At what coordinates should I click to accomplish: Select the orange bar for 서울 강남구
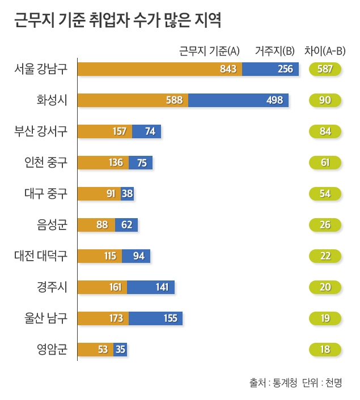click(x=159, y=69)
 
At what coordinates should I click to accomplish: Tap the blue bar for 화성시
click(x=238, y=100)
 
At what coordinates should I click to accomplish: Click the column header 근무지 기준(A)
click(x=209, y=50)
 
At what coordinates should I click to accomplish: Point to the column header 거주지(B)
click(x=274, y=50)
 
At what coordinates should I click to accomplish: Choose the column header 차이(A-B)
click(x=325, y=50)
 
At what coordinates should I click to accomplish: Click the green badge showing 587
click(x=325, y=69)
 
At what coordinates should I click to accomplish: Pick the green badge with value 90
click(x=325, y=100)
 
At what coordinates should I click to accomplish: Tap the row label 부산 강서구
click(x=41, y=131)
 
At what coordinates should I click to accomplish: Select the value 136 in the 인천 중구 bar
click(x=116, y=163)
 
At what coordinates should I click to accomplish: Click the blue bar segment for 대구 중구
click(x=127, y=194)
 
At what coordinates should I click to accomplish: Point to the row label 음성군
click(x=48, y=225)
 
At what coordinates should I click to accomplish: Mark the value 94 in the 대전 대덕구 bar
click(x=138, y=256)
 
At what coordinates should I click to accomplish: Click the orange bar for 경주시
click(x=102, y=287)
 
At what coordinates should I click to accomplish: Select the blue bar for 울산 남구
click(x=156, y=318)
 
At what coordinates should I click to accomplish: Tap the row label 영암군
click(x=48, y=350)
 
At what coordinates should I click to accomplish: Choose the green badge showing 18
click(x=325, y=350)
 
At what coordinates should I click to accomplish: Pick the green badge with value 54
click(x=325, y=194)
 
